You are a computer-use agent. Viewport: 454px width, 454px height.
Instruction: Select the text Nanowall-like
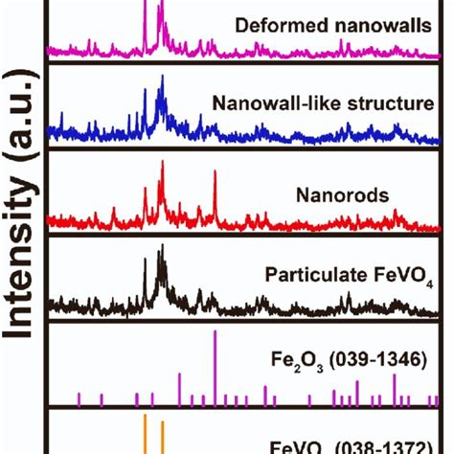(x=263, y=102)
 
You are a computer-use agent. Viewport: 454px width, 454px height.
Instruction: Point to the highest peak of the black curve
(x=162, y=247)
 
